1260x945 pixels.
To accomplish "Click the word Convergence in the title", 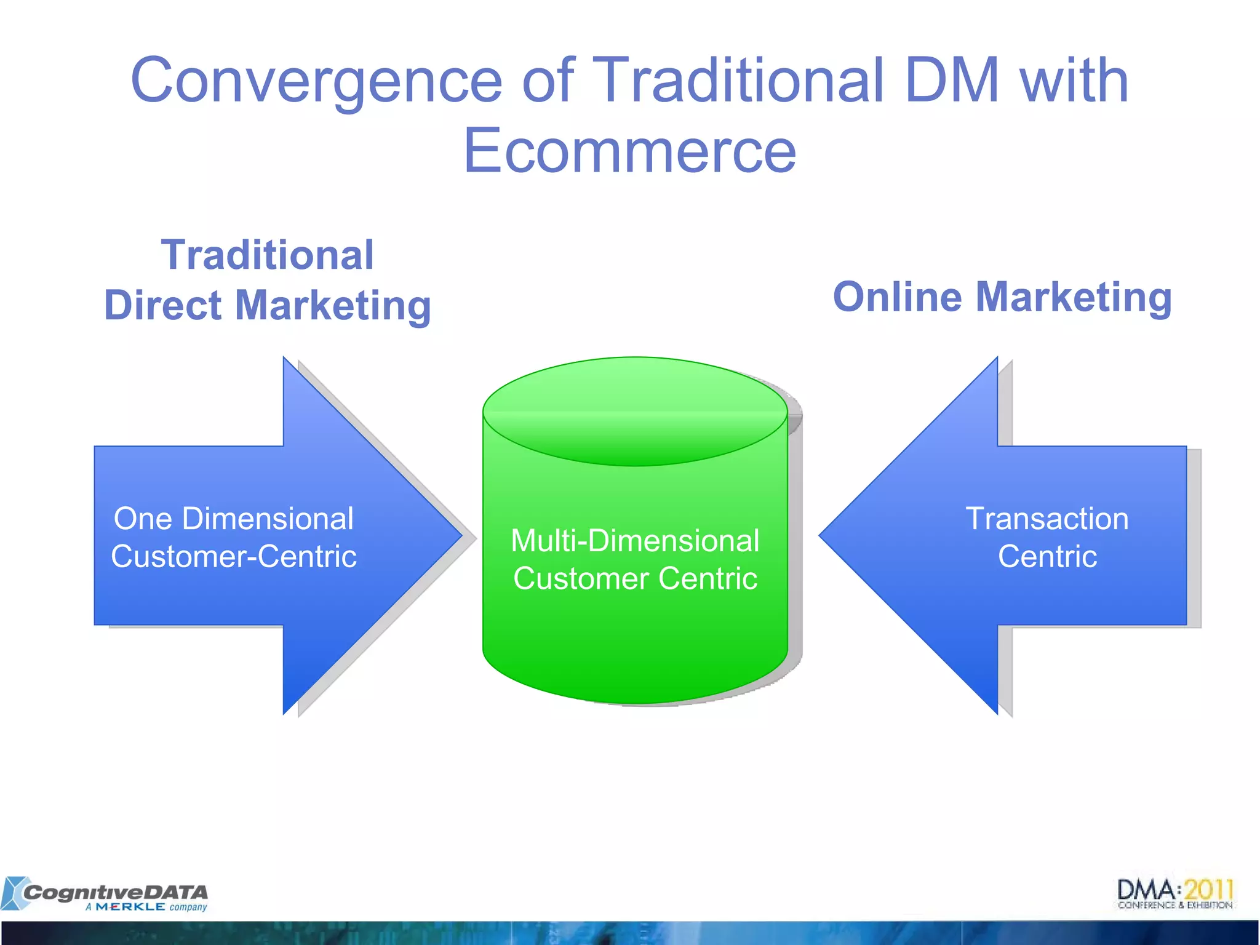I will click(317, 81).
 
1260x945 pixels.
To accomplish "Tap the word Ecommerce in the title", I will click(629, 151).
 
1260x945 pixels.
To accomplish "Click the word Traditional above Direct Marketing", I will click(267, 255).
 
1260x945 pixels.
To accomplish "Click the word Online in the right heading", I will click(897, 297).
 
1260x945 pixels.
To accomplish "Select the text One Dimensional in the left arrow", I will click(234, 519).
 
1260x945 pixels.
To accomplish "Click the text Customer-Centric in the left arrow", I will click(234, 557).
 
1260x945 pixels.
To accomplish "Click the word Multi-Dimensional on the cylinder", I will click(635, 541).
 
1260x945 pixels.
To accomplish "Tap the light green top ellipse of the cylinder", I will click(635, 400).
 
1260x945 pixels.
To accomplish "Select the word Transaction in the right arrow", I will click(1047, 519).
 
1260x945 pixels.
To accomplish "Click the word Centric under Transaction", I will click(1047, 557).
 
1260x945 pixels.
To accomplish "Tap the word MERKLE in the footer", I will click(130, 907).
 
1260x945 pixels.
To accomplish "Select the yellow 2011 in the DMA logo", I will click(1208, 890).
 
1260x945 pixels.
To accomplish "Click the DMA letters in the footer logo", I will click(1146, 890).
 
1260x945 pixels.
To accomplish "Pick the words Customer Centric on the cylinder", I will click(635, 579).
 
